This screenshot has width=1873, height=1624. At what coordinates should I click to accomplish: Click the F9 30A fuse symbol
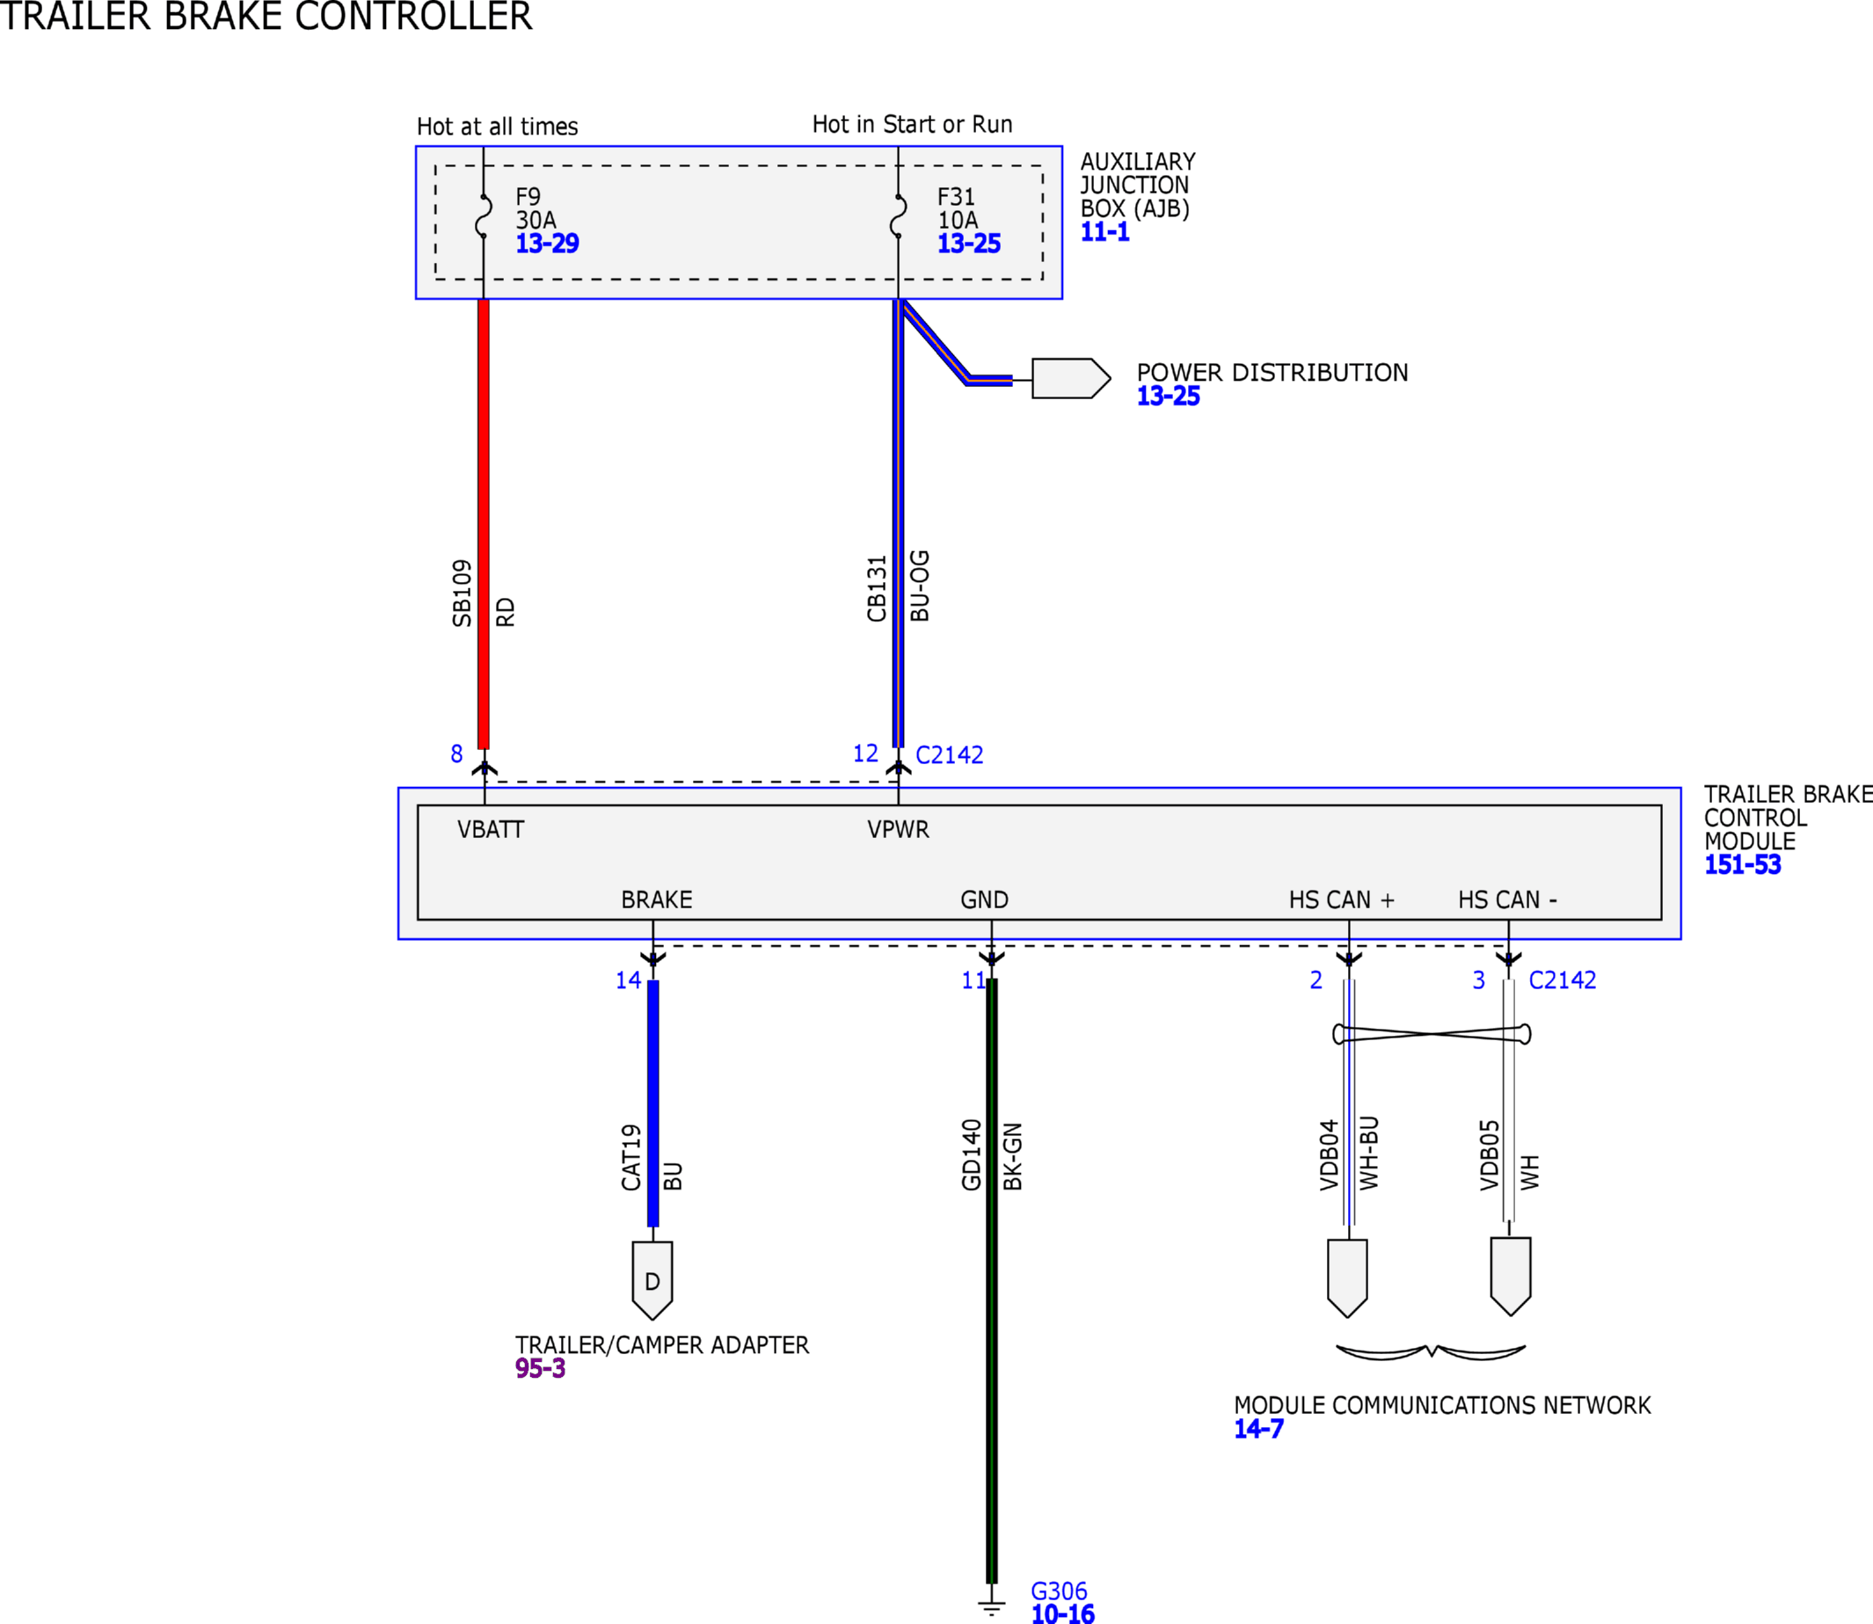click(484, 215)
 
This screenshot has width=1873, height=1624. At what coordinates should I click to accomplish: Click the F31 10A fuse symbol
click(898, 215)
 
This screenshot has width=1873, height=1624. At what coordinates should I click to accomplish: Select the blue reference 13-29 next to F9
click(547, 244)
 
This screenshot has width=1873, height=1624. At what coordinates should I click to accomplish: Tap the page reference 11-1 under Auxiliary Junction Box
click(1104, 232)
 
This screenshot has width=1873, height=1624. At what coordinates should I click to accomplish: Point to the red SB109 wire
click(484, 524)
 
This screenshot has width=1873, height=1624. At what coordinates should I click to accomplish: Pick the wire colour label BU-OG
click(920, 586)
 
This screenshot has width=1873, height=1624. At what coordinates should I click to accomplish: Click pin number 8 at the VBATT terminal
click(456, 754)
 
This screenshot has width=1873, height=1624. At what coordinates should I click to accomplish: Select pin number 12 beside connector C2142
click(865, 754)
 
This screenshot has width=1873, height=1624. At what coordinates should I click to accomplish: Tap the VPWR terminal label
click(898, 829)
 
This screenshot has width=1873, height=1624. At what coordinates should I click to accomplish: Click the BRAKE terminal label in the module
click(656, 899)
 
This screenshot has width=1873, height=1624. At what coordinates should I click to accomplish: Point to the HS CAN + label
click(1341, 899)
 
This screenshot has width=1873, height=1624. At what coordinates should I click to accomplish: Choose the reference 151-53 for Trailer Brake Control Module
click(1743, 864)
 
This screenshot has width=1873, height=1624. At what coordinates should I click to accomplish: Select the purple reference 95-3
click(540, 1368)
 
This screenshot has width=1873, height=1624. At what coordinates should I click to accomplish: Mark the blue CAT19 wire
click(653, 1103)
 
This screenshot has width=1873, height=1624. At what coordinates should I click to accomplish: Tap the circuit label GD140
click(972, 1154)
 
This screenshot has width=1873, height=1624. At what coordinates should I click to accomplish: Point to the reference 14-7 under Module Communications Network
click(1258, 1429)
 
